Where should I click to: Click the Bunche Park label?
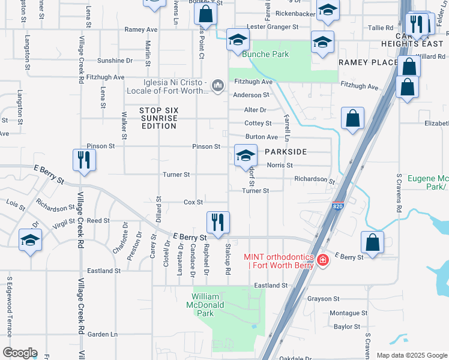pyautogui.click(x=265, y=54)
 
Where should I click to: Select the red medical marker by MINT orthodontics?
pyautogui.click(x=323, y=260)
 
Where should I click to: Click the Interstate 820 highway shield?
pyautogui.click(x=339, y=206)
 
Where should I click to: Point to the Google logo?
pyautogui.click(x=20, y=353)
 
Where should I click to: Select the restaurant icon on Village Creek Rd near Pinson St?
pyautogui.click(x=83, y=160)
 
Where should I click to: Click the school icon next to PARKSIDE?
pyautogui.click(x=245, y=155)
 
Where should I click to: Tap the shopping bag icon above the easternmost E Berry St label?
pyautogui.click(x=372, y=242)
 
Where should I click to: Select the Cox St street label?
pyautogui.click(x=193, y=202)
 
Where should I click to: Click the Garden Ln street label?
pyautogui.click(x=102, y=334)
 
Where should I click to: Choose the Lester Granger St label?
pyautogui.click(x=273, y=26)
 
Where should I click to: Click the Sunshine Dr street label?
pyautogui.click(x=115, y=61)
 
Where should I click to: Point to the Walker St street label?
pyautogui.click(x=124, y=125)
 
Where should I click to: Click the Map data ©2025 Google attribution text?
pyautogui.click(x=411, y=355)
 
